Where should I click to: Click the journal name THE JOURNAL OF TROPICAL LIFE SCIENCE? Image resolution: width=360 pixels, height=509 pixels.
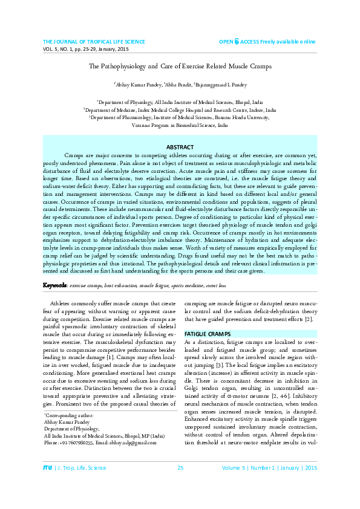tap(94, 41)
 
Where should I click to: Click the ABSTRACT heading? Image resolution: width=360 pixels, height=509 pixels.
tap(180, 147)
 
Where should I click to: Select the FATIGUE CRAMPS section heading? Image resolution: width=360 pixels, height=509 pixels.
tap(205, 334)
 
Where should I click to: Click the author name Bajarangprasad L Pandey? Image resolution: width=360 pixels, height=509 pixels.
tap(221, 85)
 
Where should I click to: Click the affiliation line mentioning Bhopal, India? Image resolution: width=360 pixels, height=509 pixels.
tap(180, 103)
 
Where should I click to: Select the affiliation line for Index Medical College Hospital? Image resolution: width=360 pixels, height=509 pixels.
tap(180, 111)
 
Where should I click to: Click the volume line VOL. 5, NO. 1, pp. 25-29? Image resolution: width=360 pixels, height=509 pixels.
tap(85, 48)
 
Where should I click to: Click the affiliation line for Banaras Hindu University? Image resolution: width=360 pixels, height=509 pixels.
tap(180, 118)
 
